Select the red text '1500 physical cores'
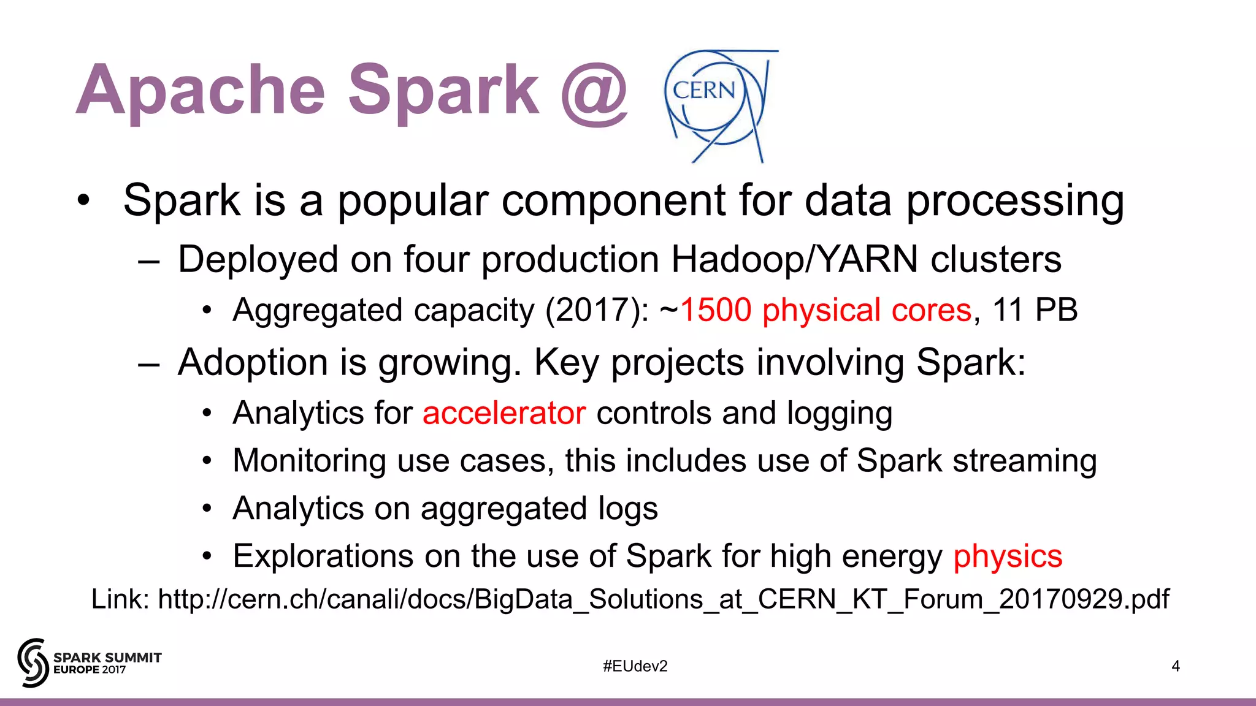[825, 310]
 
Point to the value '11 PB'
[1035, 310]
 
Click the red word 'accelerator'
[504, 413]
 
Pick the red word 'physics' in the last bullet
[1008, 556]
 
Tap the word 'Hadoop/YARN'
[795, 259]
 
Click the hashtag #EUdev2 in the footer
[635, 666]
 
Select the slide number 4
[1176, 666]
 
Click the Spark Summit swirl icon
[33, 662]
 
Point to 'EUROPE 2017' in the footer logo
[90, 670]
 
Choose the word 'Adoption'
[253, 362]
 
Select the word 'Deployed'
[258, 259]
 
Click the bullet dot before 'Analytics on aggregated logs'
[207, 509]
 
